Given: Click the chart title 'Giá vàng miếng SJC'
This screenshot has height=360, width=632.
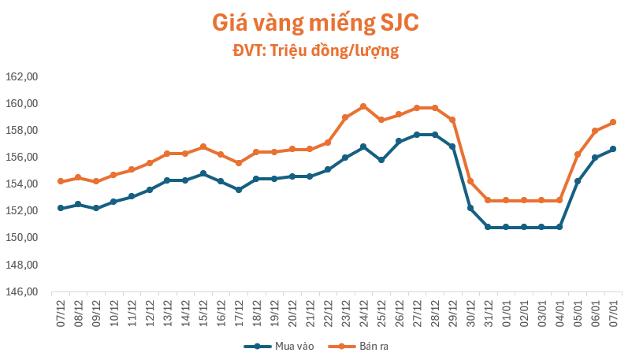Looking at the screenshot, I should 315,23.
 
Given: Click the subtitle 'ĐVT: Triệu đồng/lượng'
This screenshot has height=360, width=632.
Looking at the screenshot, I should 315,51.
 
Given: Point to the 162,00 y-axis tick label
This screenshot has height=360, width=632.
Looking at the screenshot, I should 22,77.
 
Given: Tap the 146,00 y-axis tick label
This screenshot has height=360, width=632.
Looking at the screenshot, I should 22,291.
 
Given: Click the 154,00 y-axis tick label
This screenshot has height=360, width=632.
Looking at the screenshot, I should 22,184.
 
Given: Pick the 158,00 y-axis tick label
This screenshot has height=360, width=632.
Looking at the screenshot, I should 22,131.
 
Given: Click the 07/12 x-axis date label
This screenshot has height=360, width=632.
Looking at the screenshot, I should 60,309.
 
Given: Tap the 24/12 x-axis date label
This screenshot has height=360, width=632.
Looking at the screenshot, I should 363,309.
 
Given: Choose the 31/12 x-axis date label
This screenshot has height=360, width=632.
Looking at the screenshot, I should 489,309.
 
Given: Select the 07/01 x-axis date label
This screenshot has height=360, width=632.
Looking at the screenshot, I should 613,309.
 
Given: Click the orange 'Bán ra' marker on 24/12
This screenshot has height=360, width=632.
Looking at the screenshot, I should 363,106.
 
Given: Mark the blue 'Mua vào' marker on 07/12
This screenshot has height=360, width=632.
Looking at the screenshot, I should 61,208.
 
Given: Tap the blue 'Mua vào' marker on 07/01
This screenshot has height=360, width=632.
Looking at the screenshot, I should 613,149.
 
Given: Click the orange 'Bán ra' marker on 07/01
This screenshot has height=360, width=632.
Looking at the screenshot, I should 613,122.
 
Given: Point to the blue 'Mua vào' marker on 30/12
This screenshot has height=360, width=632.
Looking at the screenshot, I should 470,208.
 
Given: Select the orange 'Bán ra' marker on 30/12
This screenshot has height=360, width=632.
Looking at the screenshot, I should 470,181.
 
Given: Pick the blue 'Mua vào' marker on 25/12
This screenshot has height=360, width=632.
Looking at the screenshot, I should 381,160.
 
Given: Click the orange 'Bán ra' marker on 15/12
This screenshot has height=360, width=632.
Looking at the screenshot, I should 203,147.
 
